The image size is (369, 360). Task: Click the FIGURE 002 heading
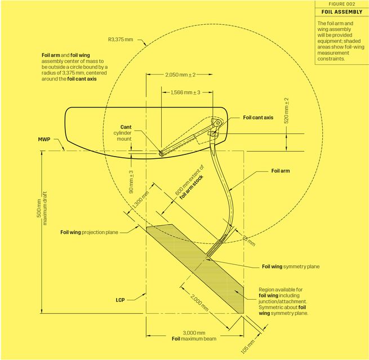342,4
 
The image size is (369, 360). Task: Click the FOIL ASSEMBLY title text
342,12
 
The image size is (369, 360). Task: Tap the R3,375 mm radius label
121,39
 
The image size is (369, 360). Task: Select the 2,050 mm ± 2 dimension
180,75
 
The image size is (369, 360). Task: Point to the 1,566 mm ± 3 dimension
185,92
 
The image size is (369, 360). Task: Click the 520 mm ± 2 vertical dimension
286,110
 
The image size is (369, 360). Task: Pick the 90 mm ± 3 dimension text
131,182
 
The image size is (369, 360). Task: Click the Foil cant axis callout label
258,117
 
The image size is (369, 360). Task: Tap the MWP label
44,139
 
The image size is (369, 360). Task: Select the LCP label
120,300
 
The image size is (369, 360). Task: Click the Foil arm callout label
281,171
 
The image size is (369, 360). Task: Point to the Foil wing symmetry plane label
291,266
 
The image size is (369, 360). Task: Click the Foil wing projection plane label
89,232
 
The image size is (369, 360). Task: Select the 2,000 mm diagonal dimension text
199,303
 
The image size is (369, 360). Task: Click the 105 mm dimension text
247,346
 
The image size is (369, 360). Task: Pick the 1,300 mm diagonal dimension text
140,200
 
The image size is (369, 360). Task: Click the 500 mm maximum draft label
42,208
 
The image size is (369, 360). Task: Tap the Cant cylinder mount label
123,133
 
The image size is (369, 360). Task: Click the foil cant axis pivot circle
218,123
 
